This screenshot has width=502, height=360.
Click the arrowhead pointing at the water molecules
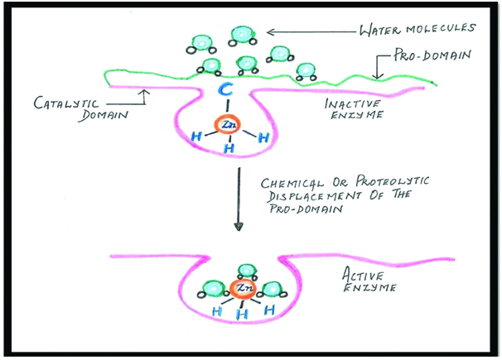coord(268,32)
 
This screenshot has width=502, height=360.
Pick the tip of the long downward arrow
coord(239,228)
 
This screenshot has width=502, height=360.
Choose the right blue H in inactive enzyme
coord(263,137)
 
